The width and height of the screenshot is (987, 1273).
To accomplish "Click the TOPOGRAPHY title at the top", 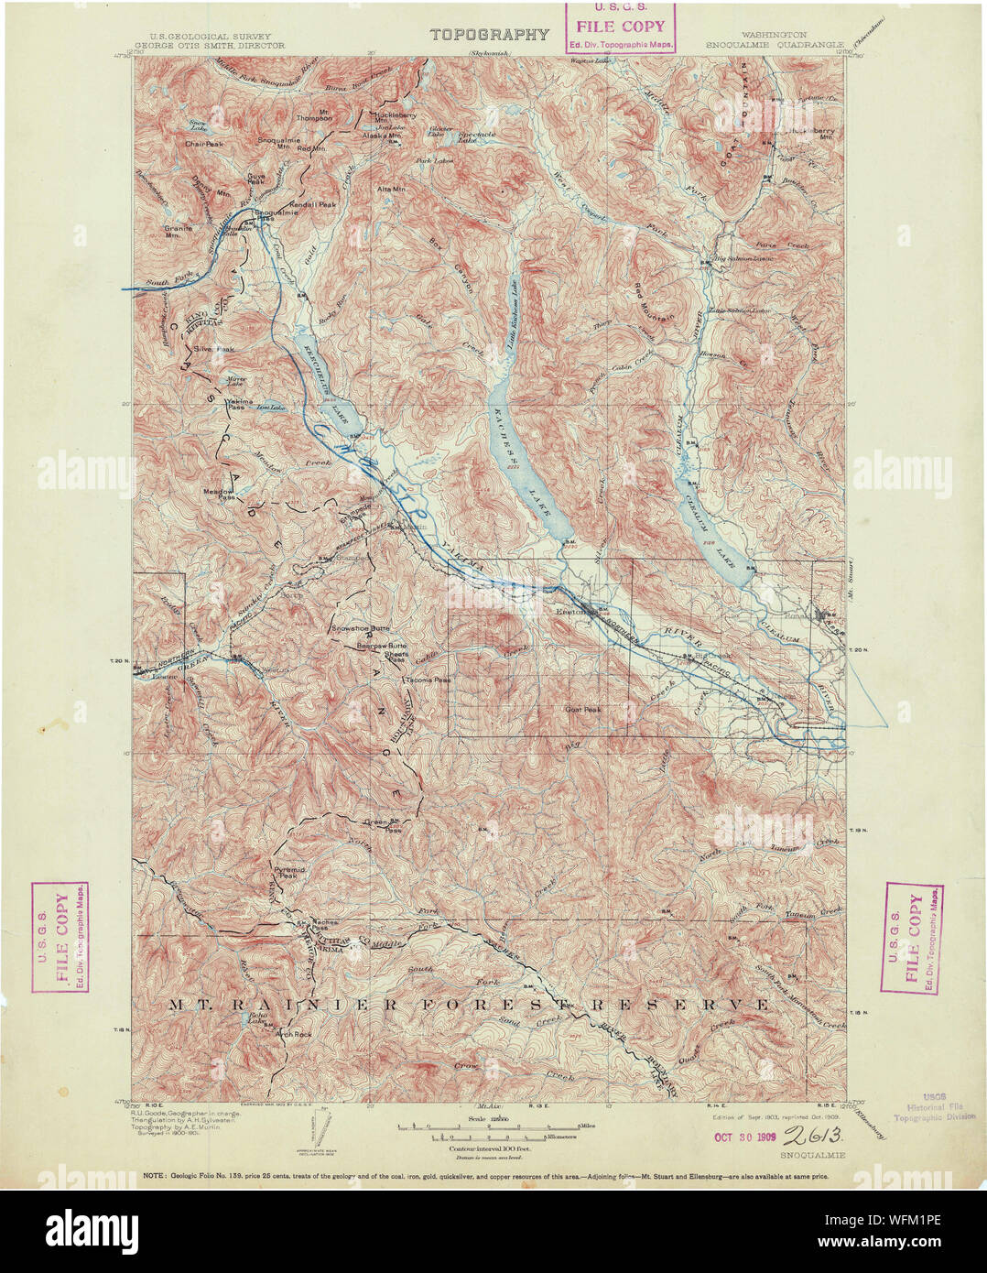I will pyautogui.click(x=490, y=36).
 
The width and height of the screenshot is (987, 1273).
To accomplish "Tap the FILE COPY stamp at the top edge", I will pyautogui.click(x=620, y=27).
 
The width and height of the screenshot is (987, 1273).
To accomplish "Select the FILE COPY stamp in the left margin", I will pyautogui.click(x=60, y=937).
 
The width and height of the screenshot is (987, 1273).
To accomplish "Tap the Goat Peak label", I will pyautogui.click(x=582, y=710).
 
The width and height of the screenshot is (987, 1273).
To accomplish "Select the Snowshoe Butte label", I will pyautogui.click(x=360, y=629).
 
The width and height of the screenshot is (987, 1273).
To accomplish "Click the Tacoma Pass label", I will pyautogui.click(x=429, y=680).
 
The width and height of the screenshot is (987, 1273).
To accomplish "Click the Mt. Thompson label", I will pyautogui.click(x=314, y=117).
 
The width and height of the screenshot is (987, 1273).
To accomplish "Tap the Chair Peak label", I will pyautogui.click(x=203, y=144).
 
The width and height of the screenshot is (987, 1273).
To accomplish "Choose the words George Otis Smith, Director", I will pyautogui.click(x=210, y=45).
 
